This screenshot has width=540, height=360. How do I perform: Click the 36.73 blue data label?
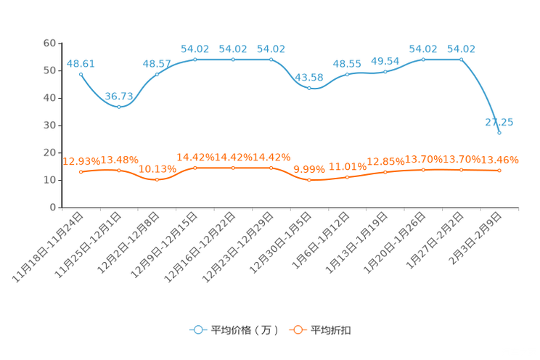point(119,96)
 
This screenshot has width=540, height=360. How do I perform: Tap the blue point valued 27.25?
point(499,133)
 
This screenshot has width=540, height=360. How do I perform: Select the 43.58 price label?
point(309,78)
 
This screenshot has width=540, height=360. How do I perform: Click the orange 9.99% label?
point(309,170)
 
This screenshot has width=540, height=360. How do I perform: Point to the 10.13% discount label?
point(157,169)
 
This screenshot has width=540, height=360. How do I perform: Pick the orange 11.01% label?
point(347,167)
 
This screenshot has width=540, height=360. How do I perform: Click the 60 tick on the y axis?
point(49,43)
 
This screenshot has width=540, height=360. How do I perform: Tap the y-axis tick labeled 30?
point(49,126)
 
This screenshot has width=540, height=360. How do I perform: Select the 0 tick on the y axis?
point(53,208)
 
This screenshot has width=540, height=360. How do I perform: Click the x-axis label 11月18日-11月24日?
point(48,247)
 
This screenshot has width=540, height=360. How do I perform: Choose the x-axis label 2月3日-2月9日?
point(475,238)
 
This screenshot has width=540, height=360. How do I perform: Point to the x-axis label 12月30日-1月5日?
point(280,242)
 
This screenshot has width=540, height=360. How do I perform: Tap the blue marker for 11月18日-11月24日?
point(81,75)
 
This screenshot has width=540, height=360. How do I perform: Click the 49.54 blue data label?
point(385,61)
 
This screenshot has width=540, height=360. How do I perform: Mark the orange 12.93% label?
point(81,161)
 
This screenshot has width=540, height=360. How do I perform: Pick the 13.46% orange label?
point(499,160)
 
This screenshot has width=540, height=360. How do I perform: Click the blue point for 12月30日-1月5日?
point(309,89)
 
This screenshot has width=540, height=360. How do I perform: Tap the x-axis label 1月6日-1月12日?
point(321,240)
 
